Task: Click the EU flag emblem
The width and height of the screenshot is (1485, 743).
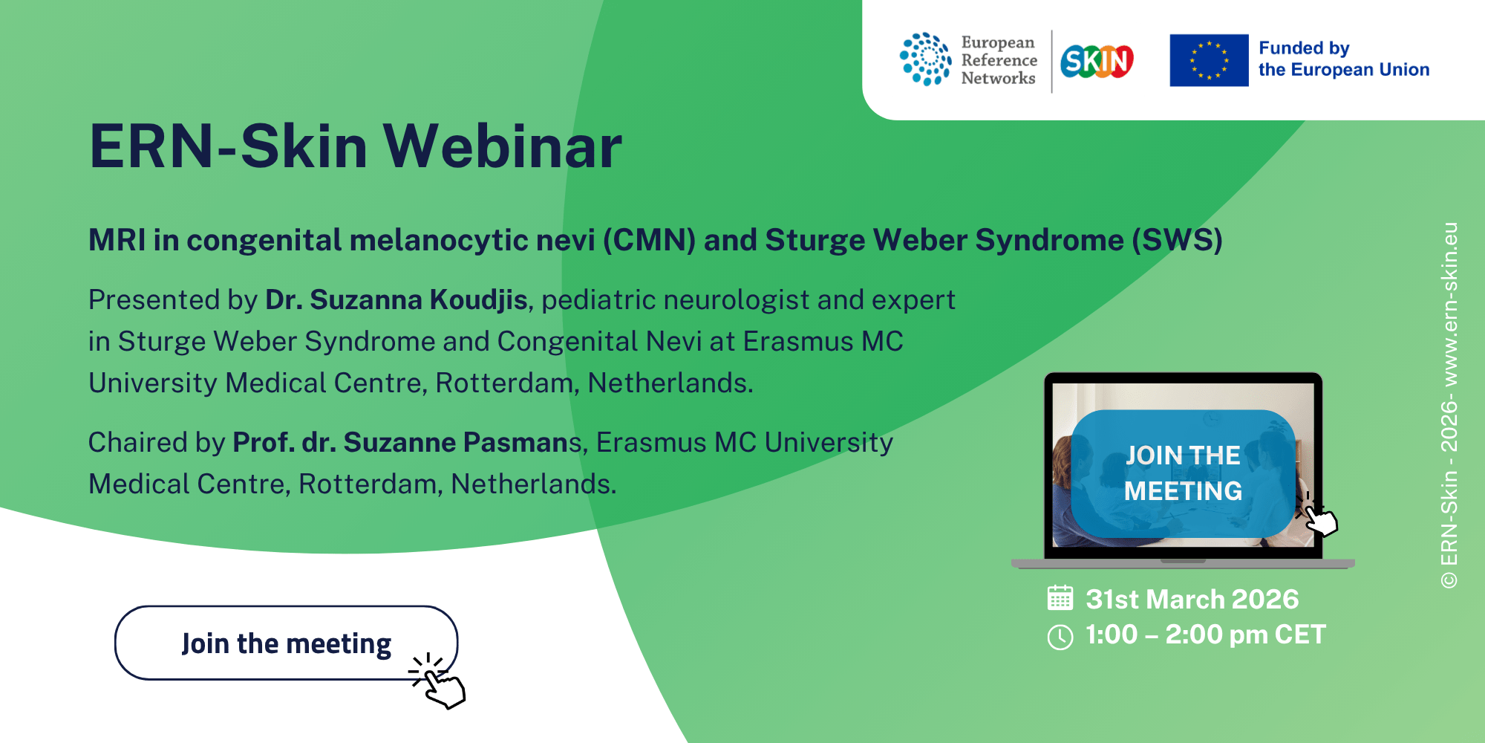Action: (1209, 60)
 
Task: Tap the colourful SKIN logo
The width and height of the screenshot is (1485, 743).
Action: (1097, 61)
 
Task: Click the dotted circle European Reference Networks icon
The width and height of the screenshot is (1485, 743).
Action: (925, 59)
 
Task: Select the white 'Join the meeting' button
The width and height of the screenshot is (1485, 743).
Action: (286, 643)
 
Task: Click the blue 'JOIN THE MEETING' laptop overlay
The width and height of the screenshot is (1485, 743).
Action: (1183, 473)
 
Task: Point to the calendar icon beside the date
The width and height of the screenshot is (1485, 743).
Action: (1060, 598)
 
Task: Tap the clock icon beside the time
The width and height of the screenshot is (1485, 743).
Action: (1060, 637)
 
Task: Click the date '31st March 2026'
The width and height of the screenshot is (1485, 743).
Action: (1192, 599)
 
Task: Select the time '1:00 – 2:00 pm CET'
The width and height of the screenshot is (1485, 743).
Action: (1205, 635)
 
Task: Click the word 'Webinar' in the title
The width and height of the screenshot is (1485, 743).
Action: (503, 146)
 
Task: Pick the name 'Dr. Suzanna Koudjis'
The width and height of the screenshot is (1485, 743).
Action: (396, 299)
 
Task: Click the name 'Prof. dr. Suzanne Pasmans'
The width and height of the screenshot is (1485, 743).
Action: (407, 442)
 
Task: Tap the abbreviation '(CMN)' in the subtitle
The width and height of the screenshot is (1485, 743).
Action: (649, 240)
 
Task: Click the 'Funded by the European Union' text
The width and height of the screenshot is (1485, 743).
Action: (1344, 59)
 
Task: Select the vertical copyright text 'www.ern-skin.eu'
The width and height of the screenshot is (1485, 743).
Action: (1449, 305)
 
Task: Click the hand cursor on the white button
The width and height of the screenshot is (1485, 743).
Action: (438, 680)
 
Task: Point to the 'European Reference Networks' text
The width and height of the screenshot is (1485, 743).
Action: (999, 60)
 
